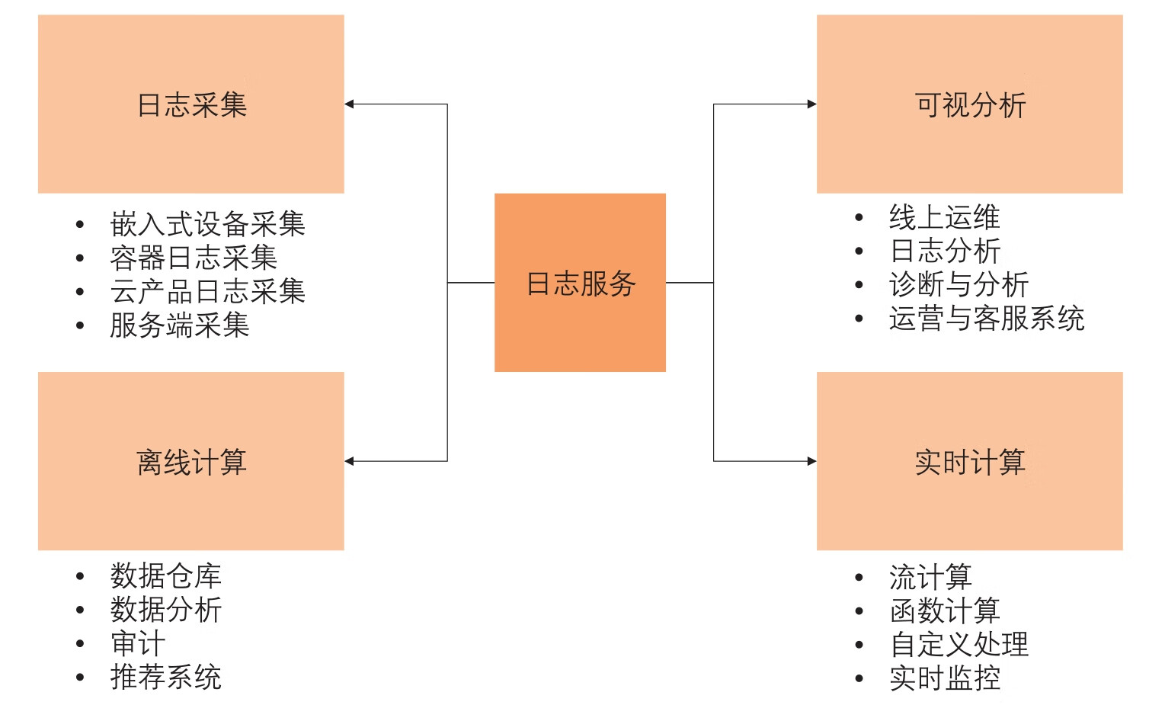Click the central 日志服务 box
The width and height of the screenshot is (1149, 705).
580,283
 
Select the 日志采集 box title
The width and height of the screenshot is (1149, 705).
192,104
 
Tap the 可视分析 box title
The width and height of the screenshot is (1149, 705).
970,104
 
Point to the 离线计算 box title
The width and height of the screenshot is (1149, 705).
192,462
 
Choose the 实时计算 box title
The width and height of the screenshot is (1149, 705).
970,462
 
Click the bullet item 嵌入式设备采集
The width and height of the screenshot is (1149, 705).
207,224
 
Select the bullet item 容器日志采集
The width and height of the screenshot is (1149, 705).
194,258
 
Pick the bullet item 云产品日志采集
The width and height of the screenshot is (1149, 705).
207,291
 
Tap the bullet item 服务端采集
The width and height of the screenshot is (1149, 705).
180,325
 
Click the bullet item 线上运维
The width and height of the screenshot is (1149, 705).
944,217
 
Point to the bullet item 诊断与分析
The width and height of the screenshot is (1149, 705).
959,284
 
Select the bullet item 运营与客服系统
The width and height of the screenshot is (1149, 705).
986,318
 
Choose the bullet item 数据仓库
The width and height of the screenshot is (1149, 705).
165,575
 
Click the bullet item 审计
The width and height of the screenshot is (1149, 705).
138,643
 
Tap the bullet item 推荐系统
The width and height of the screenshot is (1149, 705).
165,677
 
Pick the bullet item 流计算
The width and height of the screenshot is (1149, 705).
930,577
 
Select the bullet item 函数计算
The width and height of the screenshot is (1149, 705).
944,610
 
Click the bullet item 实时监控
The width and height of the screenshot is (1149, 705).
944,678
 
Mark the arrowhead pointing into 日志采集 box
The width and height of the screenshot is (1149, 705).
350,104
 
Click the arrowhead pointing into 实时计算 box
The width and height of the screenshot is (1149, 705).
811,461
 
